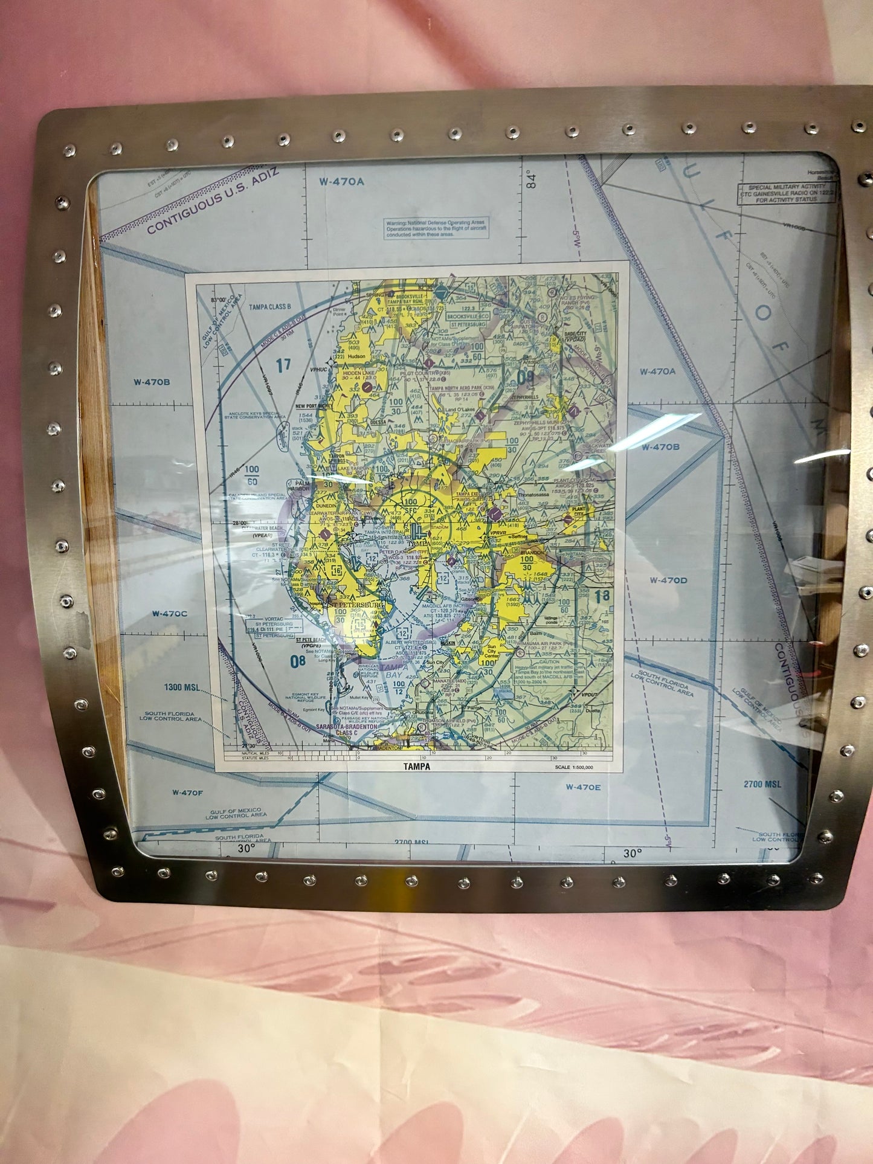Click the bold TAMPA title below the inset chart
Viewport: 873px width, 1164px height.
(417, 767)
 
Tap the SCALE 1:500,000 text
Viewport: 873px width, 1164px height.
(574, 767)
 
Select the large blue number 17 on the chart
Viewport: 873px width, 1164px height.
(283, 365)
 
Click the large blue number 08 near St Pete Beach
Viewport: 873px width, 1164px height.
(297, 661)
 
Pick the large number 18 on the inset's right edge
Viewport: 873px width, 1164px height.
(602, 595)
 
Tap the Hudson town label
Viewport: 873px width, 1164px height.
(356, 357)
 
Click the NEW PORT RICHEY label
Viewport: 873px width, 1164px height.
(314, 407)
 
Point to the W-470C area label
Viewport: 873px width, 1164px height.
(169, 614)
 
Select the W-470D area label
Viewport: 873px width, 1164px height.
(668, 580)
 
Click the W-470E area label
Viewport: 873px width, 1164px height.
(583, 787)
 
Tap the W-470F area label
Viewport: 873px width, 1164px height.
(187, 793)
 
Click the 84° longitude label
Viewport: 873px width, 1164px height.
(531, 179)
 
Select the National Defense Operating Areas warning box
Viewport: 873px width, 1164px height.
(437, 228)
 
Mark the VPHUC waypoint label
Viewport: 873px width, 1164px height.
(318, 370)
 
